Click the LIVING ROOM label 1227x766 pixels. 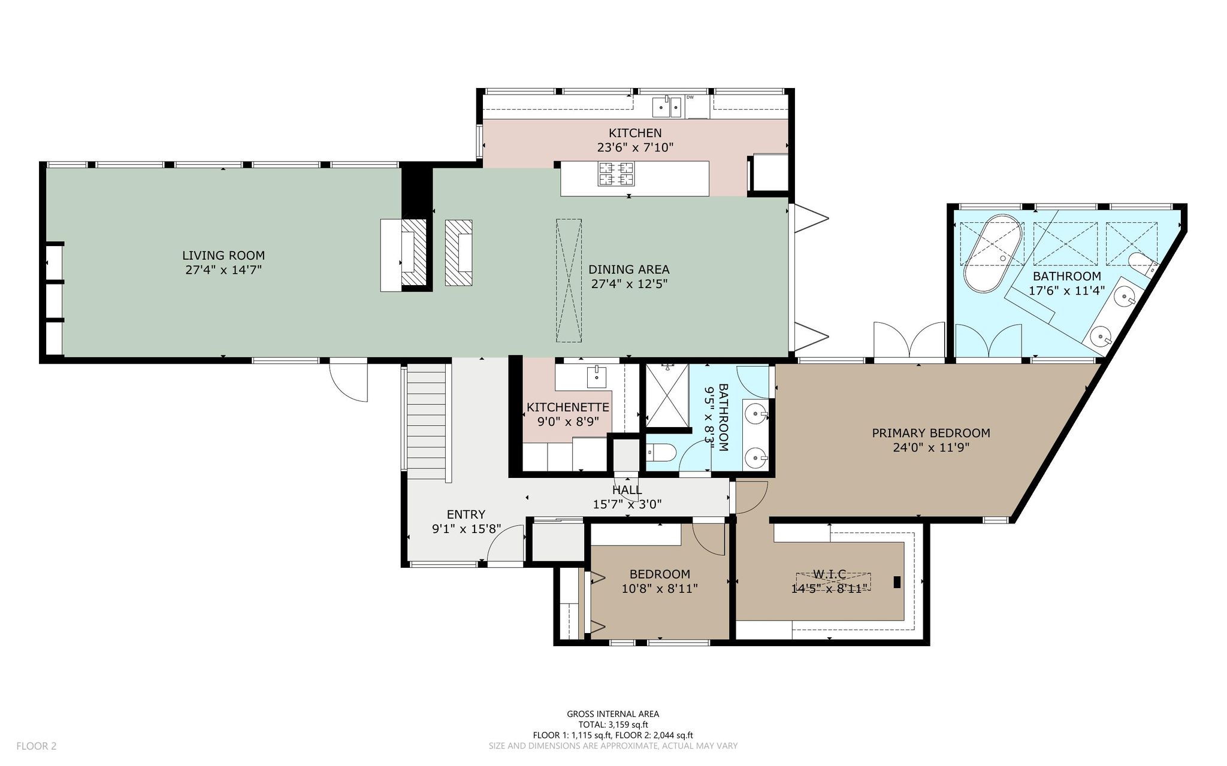point(223,256)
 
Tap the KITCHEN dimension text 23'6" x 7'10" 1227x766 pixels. point(636,147)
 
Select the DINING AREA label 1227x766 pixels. point(629,270)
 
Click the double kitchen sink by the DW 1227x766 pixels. point(666,107)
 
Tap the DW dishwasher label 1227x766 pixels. point(690,97)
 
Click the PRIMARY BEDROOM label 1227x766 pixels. point(930,433)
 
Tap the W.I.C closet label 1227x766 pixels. point(829,574)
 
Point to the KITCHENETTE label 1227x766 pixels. point(568,407)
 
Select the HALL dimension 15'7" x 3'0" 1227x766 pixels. point(627,504)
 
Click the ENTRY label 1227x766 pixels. point(466,514)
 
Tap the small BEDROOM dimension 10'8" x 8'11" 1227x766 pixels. point(660,589)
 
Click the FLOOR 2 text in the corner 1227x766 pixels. point(36,746)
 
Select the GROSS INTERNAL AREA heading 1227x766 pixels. point(613,714)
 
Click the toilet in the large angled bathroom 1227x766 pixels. point(1141,264)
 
